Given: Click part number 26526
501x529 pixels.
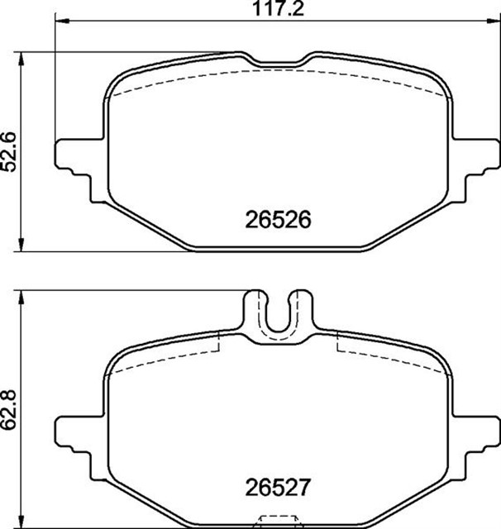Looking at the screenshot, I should tap(277, 221).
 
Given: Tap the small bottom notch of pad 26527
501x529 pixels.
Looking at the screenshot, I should tap(278, 522).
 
